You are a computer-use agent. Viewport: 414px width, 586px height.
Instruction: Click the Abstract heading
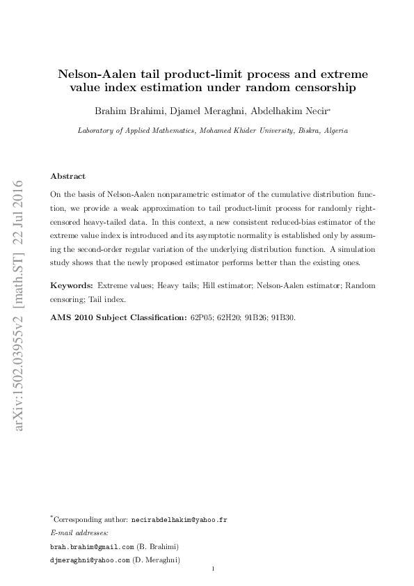pos(68,176)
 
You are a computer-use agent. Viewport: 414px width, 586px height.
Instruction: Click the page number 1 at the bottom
pos(214,569)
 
